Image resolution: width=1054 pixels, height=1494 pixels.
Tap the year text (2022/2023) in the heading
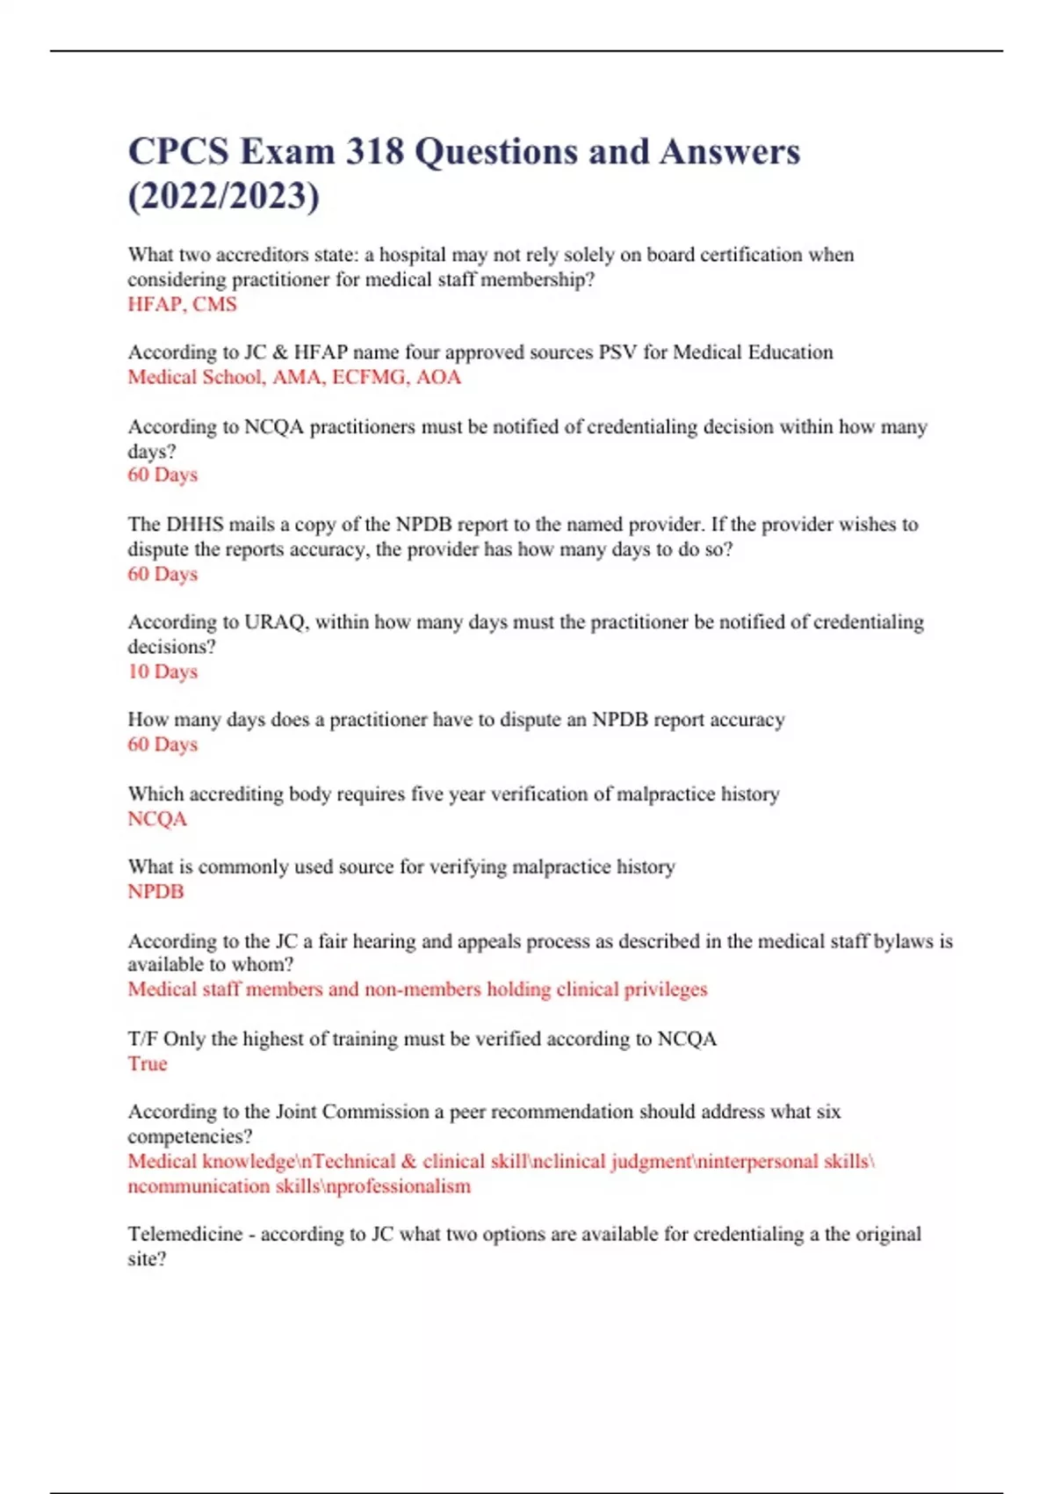pos(224,196)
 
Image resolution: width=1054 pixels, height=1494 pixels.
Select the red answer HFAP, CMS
pos(182,304)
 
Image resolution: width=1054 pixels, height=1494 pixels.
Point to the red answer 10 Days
pos(162,671)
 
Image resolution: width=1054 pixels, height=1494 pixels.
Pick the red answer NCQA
pos(157,818)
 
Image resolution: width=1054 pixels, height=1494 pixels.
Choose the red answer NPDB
pos(155,891)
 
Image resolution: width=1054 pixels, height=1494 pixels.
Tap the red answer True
pos(147,1063)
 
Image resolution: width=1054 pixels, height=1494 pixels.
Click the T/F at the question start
pos(142,1039)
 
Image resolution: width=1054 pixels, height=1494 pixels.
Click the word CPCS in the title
pos(177,152)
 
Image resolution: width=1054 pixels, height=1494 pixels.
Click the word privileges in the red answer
pos(665,990)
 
